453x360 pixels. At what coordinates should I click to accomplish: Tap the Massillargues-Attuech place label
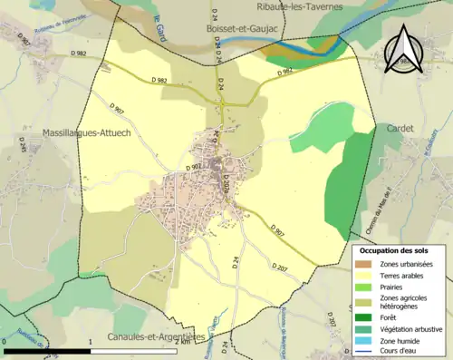(86, 133)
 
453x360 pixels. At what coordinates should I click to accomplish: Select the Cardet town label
(400, 129)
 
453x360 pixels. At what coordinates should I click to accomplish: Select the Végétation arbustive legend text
(415, 329)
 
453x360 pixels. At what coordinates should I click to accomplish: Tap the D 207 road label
(279, 266)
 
